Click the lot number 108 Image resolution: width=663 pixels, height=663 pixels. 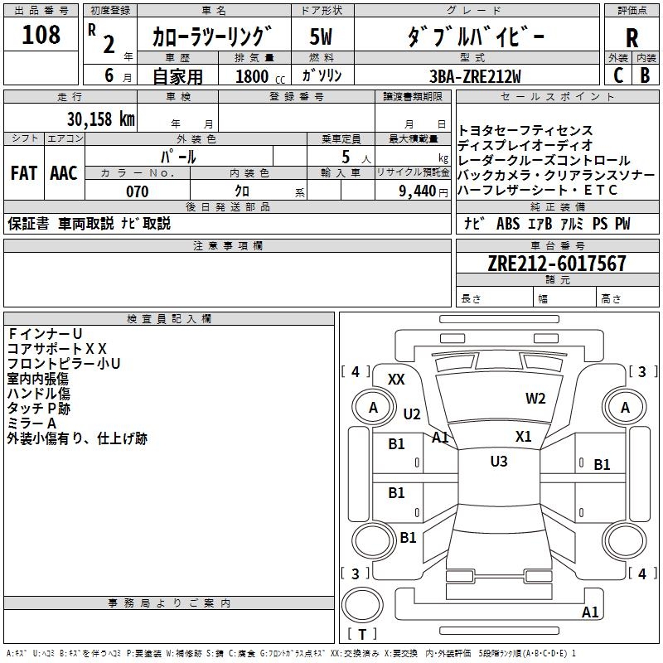coord(41,35)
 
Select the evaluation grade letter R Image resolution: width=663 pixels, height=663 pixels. coord(632,38)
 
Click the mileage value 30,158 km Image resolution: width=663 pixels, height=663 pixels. coord(101,119)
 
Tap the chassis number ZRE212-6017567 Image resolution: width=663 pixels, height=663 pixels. coord(557,264)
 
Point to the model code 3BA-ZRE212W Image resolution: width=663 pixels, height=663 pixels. coord(475,75)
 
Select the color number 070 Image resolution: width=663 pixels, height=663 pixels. coord(137,191)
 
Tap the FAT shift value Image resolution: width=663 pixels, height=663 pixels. coord(23,173)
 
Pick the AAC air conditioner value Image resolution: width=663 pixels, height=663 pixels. coord(64,173)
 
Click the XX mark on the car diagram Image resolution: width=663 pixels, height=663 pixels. coord(396,380)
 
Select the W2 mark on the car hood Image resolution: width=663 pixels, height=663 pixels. coord(535,399)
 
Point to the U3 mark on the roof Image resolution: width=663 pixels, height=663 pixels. coord(498,462)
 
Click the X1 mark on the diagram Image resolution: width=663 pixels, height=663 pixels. coord(523,437)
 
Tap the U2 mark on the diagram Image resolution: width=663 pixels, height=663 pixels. coord(412,414)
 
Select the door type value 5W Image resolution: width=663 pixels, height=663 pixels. coord(319,36)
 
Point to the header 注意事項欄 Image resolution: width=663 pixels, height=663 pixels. coord(228,246)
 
